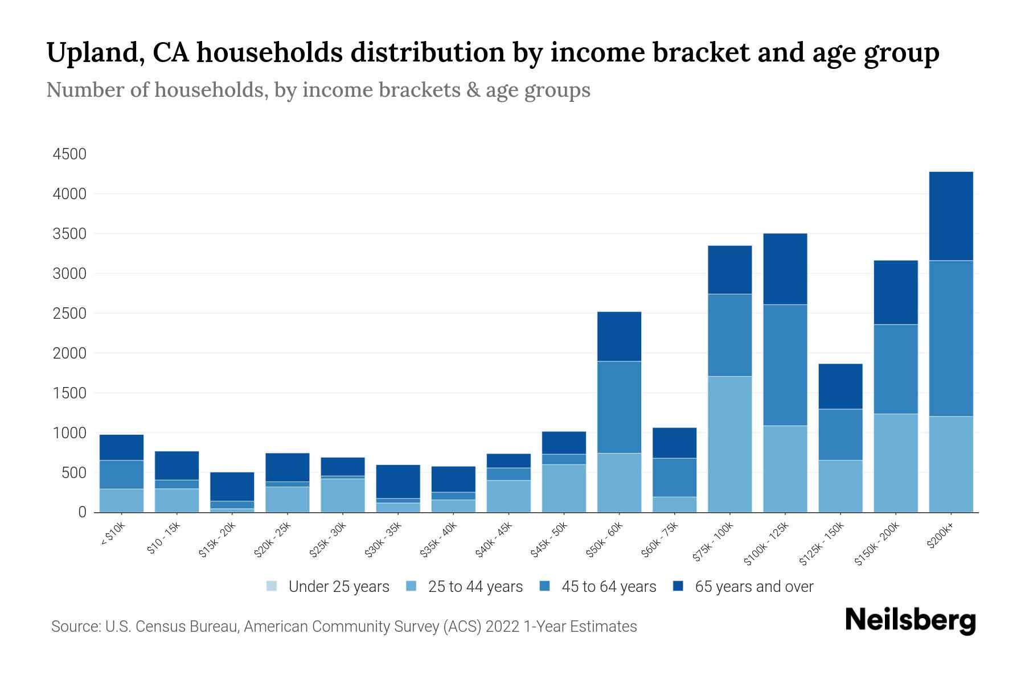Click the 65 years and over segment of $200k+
(x=951, y=216)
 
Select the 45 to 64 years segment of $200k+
(x=951, y=338)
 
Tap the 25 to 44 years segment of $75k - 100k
(x=729, y=444)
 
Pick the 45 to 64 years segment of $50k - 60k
(x=619, y=407)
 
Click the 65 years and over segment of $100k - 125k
(x=785, y=269)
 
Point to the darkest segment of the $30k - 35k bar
(x=398, y=482)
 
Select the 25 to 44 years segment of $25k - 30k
(x=343, y=495)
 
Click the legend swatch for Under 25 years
(x=272, y=586)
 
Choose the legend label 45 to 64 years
(x=609, y=586)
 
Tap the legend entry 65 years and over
(x=754, y=586)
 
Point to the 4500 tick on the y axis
(x=69, y=154)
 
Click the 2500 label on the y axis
(x=69, y=314)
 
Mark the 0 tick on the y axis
(x=82, y=512)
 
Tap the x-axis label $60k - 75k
(x=659, y=539)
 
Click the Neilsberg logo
(x=910, y=620)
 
